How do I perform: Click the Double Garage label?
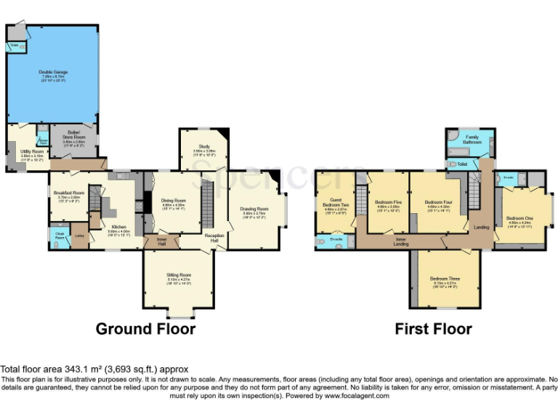[52, 71]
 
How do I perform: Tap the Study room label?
[204, 151]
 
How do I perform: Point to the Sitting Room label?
[179, 276]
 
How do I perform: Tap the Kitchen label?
[119, 227]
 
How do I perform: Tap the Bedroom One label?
[519, 218]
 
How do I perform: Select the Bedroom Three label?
[444, 279]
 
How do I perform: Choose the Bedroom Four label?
[439, 202]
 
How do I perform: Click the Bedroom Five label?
[388, 202]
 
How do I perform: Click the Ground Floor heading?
[145, 329]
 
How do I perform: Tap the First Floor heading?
[433, 329]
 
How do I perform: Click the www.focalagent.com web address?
[357, 396]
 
